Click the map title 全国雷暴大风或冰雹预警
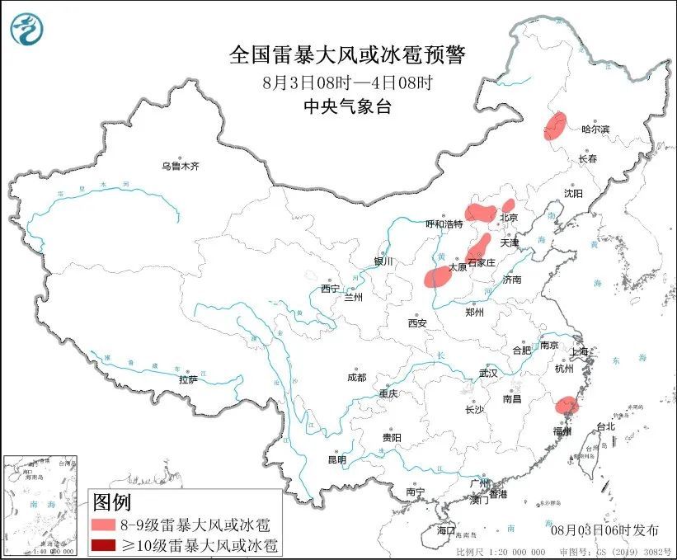click(x=347, y=55)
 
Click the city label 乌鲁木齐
click(x=181, y=166)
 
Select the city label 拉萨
click(x=188, y=379)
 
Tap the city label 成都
click(x=356, y=378)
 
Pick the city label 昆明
click(x=337, y=459)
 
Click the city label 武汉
click(x=488, y=373)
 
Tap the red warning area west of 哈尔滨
click(x=555, y=126)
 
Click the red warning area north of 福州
click(x=567, y=405)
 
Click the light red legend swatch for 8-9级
click(x=104, y=525)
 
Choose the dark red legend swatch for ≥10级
click(x=104, y=545)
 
